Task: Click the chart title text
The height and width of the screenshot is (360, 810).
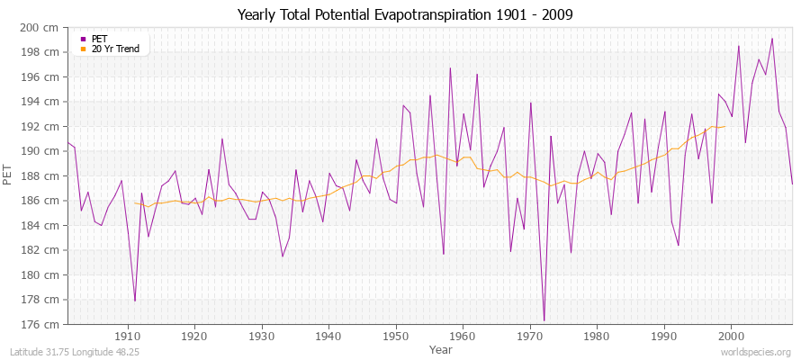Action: [405, 14]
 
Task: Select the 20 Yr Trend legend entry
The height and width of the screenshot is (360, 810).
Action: [115, 49]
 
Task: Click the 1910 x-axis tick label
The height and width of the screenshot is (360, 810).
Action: [127, 337]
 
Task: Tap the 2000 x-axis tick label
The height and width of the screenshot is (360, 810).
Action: [731, 337]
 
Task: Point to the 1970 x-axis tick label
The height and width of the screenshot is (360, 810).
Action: [529, 337]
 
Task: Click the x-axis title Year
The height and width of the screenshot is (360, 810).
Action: [441, 349]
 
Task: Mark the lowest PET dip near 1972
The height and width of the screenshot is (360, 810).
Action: [544, 320]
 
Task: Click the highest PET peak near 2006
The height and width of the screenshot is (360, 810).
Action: [772, 39]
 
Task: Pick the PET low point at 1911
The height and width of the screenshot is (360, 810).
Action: [135, 301]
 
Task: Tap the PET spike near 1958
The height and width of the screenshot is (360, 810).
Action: [450, 68]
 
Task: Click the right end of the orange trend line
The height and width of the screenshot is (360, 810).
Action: [724, 126]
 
